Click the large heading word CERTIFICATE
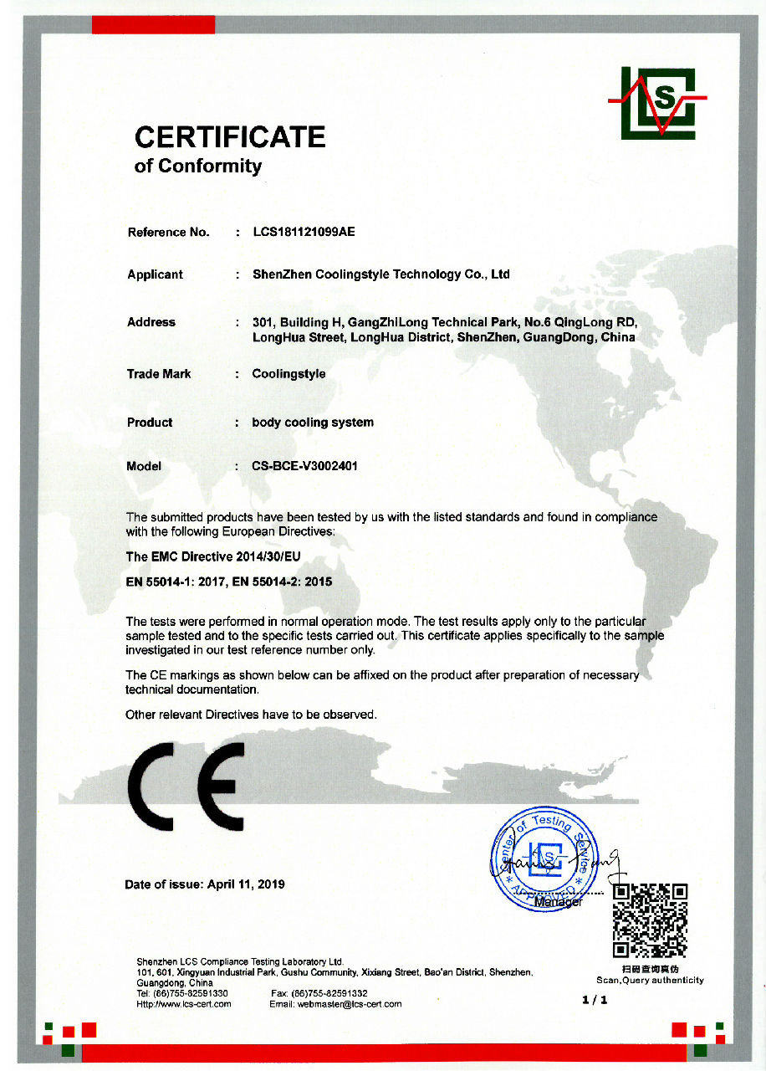click(230, 137)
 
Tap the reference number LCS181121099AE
click(304, 232)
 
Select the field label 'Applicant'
click(155, 274)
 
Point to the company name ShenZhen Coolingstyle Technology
click(380, 274)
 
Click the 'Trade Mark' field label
click(159, 374)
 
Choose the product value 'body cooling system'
click(313, 423)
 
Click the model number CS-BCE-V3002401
click(304, 466)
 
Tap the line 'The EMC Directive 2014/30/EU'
click(212, 556)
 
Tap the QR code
click(650, 920)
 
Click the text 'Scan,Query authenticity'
click(650, 980)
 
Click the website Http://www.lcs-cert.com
click(183, 1004)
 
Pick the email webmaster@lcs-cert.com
click(350, 1004)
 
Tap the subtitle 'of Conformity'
click(198, 166)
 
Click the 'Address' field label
click(151, 322)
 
